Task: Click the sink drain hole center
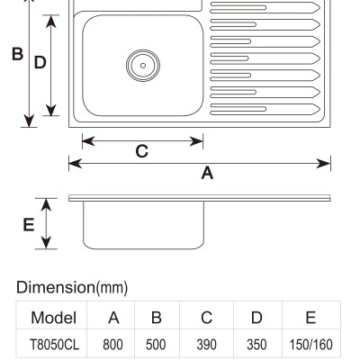pos(143,66)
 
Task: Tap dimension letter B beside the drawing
pos(17,54)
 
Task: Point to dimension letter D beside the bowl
pos(40,62)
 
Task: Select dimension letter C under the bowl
pos(142,151)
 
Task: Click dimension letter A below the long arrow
pos(207,173)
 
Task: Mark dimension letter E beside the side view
pos(29,225)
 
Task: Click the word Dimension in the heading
pos(56,287)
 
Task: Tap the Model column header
pos(53,318)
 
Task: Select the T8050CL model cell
pos(54,345)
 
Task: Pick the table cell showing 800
pos(112,345)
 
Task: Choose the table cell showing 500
pos(156,345)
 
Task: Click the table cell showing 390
pos(206,345)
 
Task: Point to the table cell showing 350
pos(256,345)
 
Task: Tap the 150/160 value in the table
pos(310,345)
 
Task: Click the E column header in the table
pos(310,318)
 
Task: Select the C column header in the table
pos(207,318)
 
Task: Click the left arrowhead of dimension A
pos(76,164)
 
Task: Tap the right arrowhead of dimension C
pos(196,141)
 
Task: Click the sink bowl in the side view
pos(143,225)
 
